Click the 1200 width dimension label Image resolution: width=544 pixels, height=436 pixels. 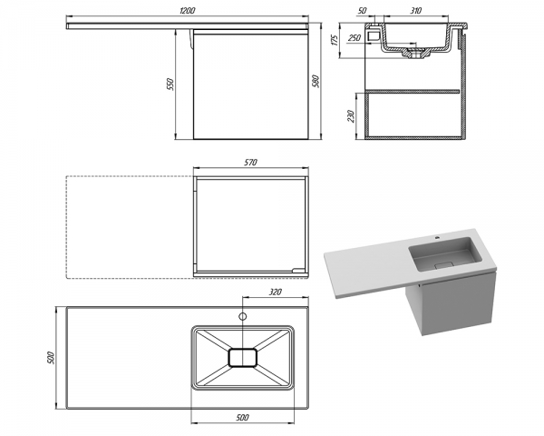pos(188,10)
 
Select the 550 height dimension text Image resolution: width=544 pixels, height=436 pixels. pos(170,84)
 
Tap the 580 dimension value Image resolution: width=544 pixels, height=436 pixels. pos(316,82)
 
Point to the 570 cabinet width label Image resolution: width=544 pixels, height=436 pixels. pos(250,162)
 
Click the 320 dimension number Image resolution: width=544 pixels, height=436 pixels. pos(275,292)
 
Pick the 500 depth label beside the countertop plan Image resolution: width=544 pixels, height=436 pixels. pos(51,358)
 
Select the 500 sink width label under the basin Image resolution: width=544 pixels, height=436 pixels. pos(242,417)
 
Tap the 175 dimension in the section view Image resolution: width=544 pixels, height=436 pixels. pos(334,40)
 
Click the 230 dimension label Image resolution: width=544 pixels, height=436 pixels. pos(350,115)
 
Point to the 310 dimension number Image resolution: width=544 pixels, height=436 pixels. pos(415,11)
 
